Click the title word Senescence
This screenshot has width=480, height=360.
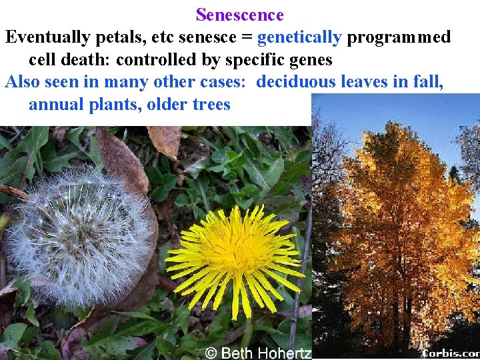[240, 15]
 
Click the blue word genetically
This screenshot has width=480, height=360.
[299, 37]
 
